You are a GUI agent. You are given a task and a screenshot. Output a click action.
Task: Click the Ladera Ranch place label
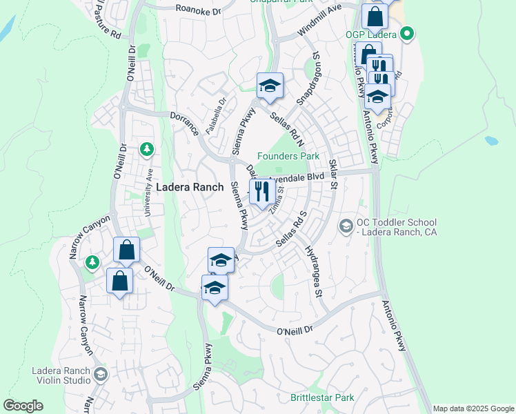190,187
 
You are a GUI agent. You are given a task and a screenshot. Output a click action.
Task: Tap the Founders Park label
288,156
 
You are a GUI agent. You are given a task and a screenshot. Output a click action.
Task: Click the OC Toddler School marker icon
346,226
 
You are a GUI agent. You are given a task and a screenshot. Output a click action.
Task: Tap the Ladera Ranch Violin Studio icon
100,374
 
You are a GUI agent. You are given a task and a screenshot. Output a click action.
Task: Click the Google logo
23,406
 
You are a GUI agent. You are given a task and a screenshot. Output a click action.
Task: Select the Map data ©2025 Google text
473,408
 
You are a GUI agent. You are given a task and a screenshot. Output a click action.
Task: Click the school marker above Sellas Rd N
270,86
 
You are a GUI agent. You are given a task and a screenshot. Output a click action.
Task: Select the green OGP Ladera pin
407,32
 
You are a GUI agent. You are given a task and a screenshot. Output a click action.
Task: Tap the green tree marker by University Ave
146,148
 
